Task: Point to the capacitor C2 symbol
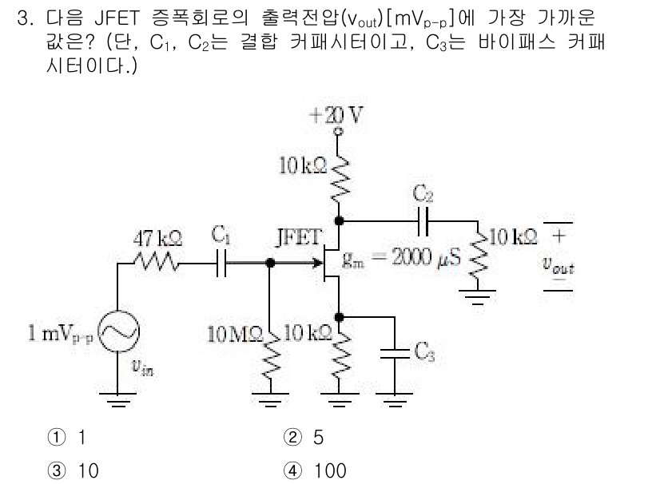pos(423,219)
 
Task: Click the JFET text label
pos(298,237)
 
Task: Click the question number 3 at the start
pos(24,17)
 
